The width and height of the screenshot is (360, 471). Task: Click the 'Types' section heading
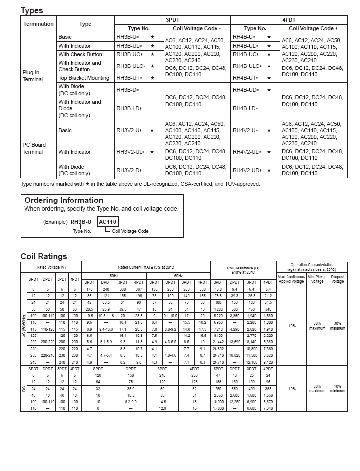click(x=32, y=10)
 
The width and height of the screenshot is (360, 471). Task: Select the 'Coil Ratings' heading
click(x=44, y=256)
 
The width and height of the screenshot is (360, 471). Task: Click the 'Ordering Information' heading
click(x=64, y=201)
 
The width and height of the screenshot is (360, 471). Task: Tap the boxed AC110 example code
click(x=108, y=222)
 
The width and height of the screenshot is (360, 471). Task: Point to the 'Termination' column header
click(x=38, y=24)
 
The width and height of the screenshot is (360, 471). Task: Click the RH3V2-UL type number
click(x=131, y=152)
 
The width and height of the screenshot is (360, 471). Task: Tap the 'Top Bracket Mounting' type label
click(x=83, y=78)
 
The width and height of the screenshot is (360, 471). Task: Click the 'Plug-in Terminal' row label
click(x=33, y=76)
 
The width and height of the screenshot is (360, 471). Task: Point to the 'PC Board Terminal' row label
click(x=34, y=148)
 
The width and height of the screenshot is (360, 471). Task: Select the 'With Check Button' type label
click(x=80, y=54)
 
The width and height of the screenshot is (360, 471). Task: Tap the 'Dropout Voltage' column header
click(x=338, y=279)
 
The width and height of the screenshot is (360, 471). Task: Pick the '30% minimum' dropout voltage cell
click(x=338, y=326)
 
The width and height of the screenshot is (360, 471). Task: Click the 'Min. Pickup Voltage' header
click(x=317, y=279)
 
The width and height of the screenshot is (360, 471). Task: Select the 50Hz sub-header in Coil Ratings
click(x=114, y=275)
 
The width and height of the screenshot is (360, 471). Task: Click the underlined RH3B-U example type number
click(x=81, y=222)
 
